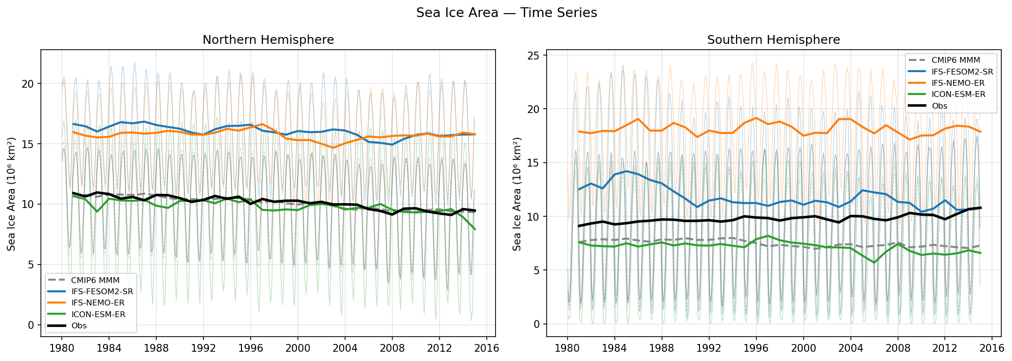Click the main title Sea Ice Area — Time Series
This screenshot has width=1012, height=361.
[x=506, y=13]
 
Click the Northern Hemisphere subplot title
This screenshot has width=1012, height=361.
[x=268, y=40]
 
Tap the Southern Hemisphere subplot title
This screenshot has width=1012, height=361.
[x=773, y=40]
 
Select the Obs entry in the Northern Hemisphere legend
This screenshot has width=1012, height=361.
[x=79, y=325]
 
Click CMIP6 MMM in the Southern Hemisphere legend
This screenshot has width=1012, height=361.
[x=956, y=60]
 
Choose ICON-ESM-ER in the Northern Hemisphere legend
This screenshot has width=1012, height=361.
[x=98, y=314]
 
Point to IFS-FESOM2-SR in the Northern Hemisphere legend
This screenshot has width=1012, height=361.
[x=102, y=291]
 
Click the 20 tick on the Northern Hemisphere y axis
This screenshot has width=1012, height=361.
[x=28, y=84]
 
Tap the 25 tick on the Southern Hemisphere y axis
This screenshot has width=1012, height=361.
[x=534, y=56]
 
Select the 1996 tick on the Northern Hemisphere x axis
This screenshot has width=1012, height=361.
[x=251, y=348]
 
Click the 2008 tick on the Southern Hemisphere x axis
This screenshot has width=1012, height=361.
[x=898, y=348]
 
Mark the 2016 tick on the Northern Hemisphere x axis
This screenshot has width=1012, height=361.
[x=487, y=348]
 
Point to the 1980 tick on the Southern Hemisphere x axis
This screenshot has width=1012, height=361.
[x=567, y=348]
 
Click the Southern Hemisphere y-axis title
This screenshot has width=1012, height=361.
[x=517, y=194]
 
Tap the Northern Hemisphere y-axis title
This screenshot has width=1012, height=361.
[x=11, y=194]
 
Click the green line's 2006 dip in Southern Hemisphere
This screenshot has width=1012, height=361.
[x=874, y=263]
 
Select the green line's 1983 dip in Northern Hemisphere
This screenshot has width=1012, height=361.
[x=97, y=211]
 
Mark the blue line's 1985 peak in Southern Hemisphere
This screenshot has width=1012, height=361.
[x=626, y=171]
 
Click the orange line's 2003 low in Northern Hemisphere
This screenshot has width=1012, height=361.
[x=333, y=148]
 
